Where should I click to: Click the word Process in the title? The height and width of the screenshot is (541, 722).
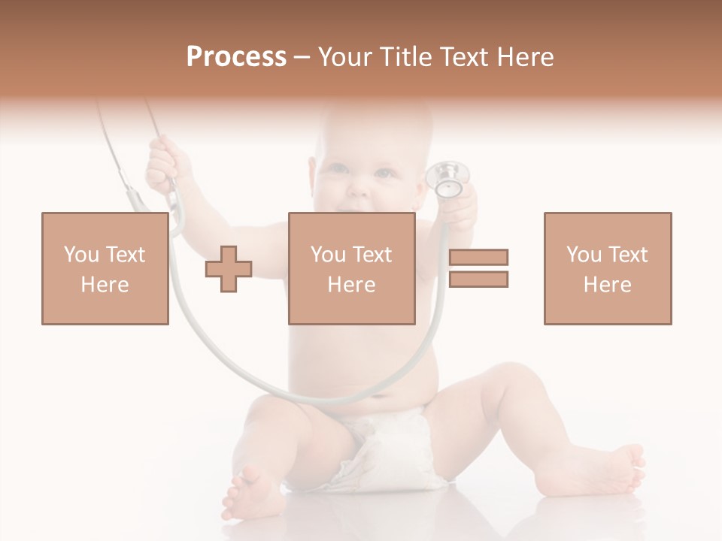point(236,57)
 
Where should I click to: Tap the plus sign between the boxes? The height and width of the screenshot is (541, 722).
point(229,269)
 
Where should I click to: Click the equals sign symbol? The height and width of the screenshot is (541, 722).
point(478,268)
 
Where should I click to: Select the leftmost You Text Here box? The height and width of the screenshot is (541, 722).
point(105,268)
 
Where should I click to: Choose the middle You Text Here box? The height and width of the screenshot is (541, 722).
point(351,268)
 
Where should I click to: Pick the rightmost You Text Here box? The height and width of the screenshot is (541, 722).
point(607,268)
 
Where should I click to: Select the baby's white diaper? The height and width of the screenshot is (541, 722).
point(384,447)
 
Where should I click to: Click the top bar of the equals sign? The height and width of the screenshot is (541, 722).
point(478,257)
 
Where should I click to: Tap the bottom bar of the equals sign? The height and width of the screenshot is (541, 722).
point(478,279)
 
